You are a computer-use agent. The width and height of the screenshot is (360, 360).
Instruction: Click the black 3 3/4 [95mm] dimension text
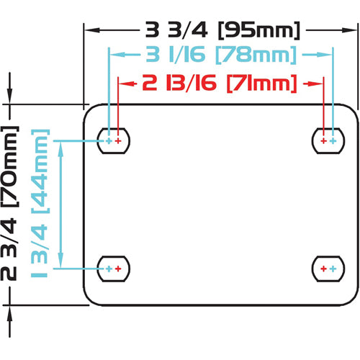point(222,30)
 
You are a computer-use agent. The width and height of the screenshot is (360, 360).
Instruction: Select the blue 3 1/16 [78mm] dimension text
point(221,55)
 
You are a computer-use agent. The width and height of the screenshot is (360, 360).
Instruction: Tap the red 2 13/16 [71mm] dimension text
point(220,84)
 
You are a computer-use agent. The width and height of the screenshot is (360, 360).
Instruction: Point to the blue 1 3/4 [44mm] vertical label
point(40,204)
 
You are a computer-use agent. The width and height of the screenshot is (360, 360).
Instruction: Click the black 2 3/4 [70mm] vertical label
point(9,203)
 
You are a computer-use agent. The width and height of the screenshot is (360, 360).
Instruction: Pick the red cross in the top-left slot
point(118,141)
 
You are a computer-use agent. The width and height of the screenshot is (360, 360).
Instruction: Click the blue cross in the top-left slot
point(109,141)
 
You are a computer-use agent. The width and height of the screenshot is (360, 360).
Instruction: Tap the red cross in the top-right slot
point(324,141)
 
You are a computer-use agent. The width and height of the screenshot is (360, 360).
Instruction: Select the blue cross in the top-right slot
point(333,141)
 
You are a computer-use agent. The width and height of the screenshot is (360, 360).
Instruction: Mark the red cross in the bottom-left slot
point(118,269)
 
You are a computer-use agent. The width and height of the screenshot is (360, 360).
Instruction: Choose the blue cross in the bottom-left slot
point(109,269)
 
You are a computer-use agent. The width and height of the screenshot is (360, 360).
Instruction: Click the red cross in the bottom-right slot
point(324,269)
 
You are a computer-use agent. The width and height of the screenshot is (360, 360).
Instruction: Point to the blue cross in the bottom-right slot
point(333,269)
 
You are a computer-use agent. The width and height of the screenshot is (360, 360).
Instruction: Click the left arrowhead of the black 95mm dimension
point(92,30)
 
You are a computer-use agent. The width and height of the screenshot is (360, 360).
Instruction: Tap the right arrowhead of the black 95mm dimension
point(350,30)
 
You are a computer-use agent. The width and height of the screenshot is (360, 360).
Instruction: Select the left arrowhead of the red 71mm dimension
point(127,84)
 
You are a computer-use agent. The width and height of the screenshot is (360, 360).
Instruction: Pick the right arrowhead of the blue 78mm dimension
point(325,55)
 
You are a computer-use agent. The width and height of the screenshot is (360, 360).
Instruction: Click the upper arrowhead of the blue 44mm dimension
point(60,149)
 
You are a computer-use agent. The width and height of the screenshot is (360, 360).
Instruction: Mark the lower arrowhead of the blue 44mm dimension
point(60,260)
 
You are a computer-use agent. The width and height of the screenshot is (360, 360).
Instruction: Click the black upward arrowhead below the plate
point(10,313)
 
